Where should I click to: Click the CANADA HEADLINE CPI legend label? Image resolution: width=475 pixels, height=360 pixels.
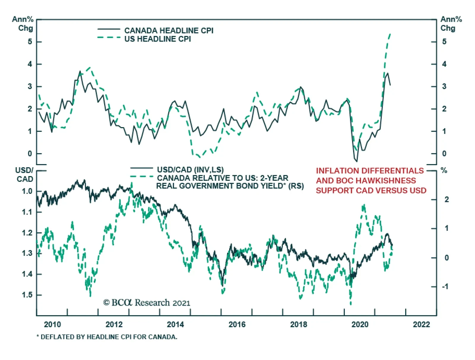(169, 31)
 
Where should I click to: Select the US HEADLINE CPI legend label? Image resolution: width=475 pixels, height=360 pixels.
(157, 39)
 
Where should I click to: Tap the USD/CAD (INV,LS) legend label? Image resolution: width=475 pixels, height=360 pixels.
(190, 170)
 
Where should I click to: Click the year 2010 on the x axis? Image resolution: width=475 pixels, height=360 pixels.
(52, 324)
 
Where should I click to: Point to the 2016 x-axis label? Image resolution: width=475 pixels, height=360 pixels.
(237, 324)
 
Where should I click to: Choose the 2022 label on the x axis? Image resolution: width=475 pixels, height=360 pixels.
(421, 324)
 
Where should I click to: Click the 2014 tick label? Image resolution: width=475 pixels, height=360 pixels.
(175, 324)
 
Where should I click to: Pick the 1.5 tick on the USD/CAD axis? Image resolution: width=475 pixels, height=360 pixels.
(27, 295)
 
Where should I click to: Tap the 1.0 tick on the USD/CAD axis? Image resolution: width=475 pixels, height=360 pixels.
(27, 191)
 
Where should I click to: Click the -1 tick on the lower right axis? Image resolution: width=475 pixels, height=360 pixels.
(445, 287)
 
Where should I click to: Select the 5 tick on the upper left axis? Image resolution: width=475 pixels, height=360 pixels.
(30, 42)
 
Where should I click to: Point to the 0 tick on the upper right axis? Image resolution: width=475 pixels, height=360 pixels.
(444, 154)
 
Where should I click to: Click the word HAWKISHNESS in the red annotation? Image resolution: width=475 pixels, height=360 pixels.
(386, 181)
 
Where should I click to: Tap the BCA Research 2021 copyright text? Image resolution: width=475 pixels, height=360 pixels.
(147, 303)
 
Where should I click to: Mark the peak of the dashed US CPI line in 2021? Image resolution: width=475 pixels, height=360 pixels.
(390, 34)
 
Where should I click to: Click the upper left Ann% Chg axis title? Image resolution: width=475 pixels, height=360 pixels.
(23, 24)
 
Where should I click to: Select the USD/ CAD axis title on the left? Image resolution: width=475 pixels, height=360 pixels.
(24, 175)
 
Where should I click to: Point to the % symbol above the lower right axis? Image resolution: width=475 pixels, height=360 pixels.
(444, 170)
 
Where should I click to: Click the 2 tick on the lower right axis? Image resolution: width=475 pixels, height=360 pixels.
(446, 200)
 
